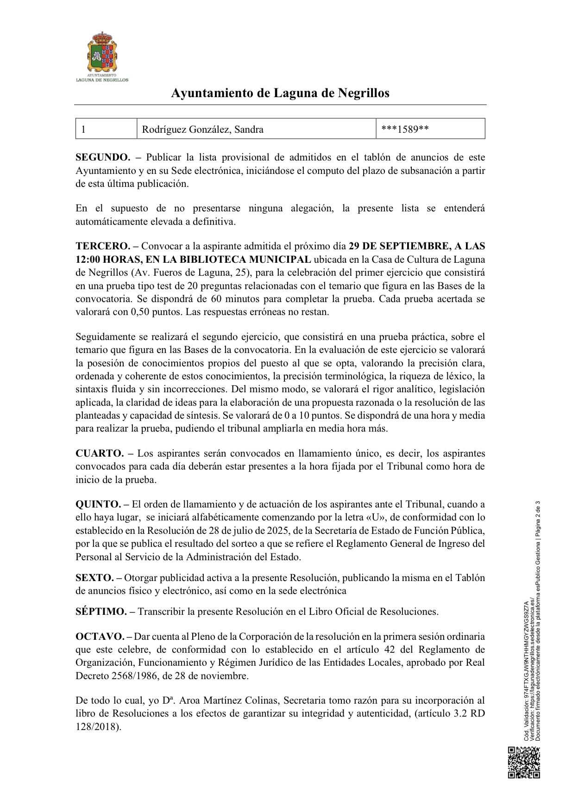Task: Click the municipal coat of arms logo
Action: pos(102,52)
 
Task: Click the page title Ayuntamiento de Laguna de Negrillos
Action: pos(280,93)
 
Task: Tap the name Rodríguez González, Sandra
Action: pos(202,130)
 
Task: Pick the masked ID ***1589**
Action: pos(404,130)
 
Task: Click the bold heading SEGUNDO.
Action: pos(103,157)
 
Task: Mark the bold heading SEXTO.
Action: pos(95,577)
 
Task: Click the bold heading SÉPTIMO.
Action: pos(101,612)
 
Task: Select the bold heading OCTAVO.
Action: pos(100,636)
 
